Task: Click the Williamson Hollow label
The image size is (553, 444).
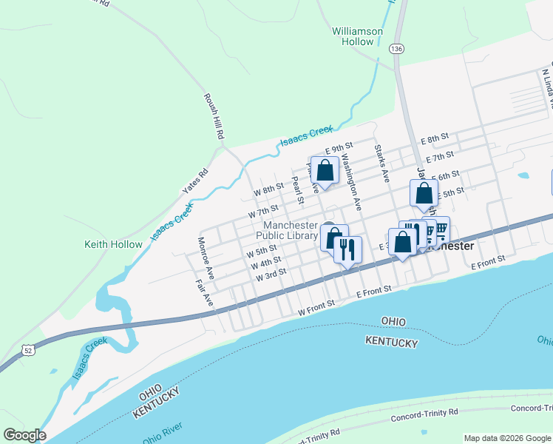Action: (x=357, y=36)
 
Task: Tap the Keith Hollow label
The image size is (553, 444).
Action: (x=113, y=244)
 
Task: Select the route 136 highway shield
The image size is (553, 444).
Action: (x=397, y=48)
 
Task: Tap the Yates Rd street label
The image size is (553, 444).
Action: (x=196, y=183)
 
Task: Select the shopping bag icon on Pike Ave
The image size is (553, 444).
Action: (x=325, y=171)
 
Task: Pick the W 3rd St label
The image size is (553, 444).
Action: (x=271, y=275)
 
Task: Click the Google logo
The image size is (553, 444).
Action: (x=24, y=435)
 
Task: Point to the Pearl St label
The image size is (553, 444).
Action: (x=297, y=190)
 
